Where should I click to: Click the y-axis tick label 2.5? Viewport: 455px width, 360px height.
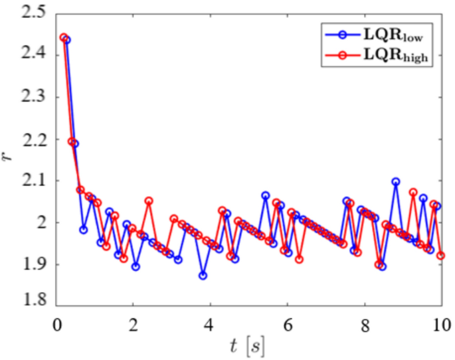click(x=33, y=12)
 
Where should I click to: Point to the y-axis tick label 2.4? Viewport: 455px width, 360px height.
click(x=33, y=54)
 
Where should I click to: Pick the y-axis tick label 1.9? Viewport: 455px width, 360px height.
click(x=33, y=264)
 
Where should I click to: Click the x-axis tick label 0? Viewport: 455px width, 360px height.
click(x=56, y=325)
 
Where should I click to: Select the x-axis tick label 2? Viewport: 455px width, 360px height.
click(x=133, y=325)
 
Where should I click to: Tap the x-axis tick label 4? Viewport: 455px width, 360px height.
click(x=210, y=325)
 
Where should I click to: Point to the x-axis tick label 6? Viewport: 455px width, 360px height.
click(x=287, y=325)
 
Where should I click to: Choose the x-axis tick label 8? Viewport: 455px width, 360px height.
click(x=364, y=325)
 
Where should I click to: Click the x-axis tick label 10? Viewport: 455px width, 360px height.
click(x=438, y=325)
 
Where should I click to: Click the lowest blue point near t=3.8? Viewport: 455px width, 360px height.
click(x=203, y=275)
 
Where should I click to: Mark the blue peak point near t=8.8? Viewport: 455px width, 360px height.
click(x=396, y=181)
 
